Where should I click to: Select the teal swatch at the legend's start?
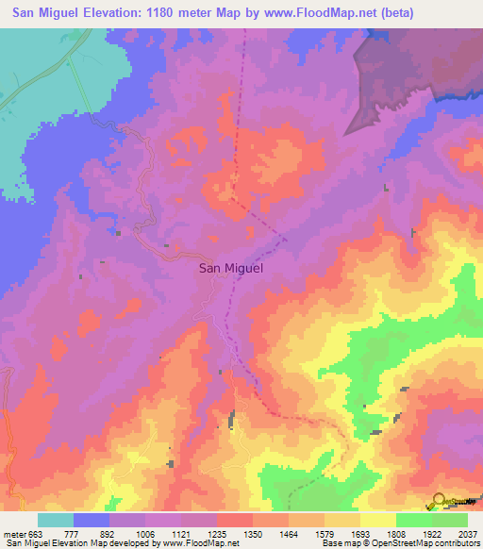click(56, 520)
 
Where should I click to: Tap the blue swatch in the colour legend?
click(92, 520)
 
